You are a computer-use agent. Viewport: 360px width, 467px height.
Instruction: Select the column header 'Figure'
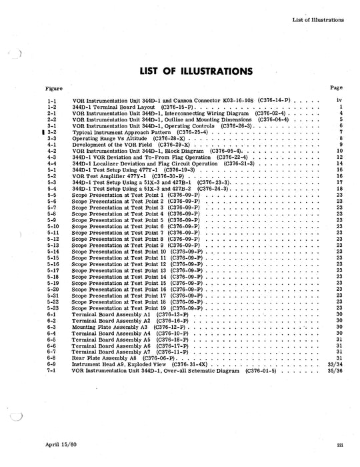53,88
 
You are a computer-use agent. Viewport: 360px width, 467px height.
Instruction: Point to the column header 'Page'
336,87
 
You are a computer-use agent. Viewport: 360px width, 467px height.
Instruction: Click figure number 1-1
51,100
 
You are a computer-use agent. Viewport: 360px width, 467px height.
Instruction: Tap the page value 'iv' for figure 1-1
339,100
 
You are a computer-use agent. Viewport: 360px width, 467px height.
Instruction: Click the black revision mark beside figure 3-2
43,132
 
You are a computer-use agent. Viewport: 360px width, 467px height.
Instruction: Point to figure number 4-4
51,163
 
